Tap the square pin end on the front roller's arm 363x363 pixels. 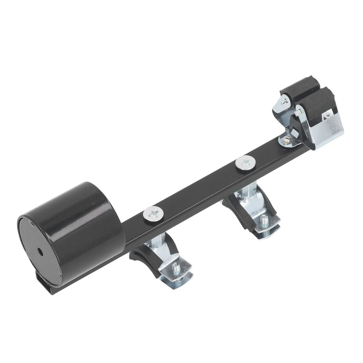click(x=298, y=111)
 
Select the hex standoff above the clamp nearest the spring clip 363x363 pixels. click(x=242, y=197)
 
